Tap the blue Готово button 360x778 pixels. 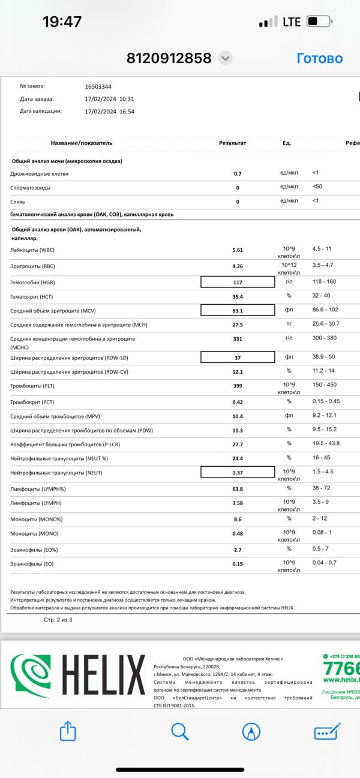pos(319,58)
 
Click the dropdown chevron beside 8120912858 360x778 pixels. pos(225,58)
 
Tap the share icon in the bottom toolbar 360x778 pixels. pos(68,731)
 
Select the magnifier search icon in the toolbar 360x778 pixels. pos(180,731)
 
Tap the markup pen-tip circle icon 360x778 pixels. pos(251,731)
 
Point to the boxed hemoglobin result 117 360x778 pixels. pos(238,282)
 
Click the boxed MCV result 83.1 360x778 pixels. pos(238,311)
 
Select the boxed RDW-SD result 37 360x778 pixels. pos(238,358)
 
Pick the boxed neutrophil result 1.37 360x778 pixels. pos(238,474)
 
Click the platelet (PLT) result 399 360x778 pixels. pos(238,386)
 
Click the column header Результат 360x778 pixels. pos(233,143)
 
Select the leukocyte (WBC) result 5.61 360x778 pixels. pos(238,250)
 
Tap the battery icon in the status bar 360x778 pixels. pos(319,22)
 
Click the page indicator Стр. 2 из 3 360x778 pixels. pos(58,619)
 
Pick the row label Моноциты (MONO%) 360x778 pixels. pos(37,519)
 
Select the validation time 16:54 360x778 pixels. pos(127,111)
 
